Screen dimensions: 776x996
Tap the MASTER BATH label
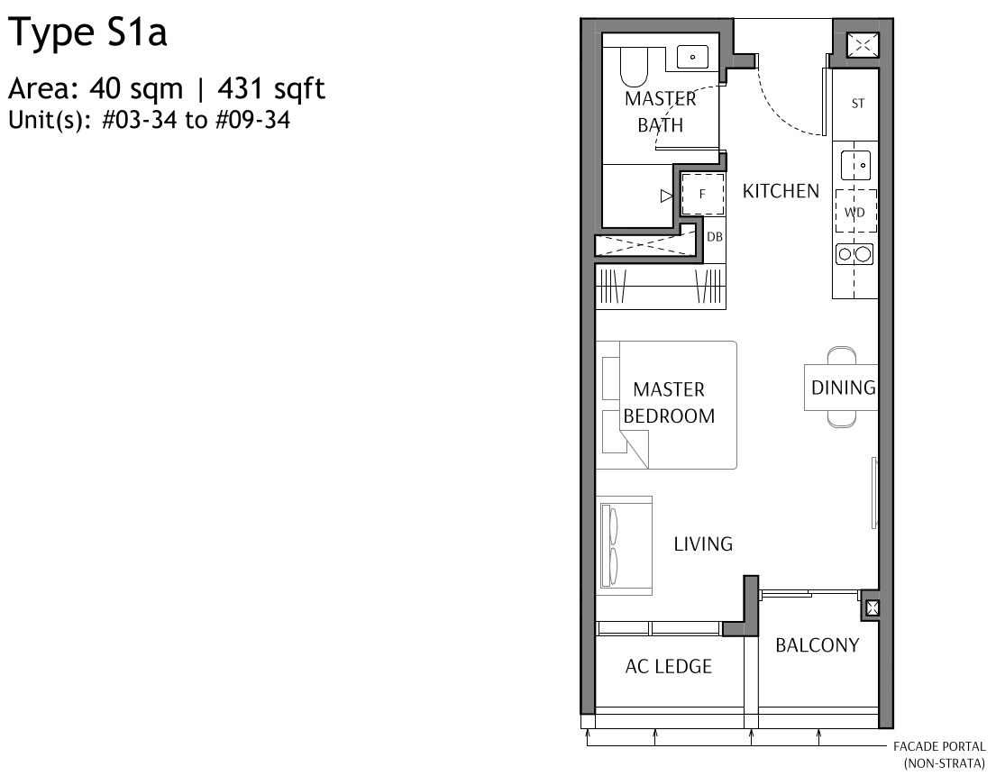tap(661, 112)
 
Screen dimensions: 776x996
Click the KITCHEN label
tap(781, 191)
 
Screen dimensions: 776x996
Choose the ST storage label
tap(857, 104)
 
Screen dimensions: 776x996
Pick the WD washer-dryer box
tap(854, 213)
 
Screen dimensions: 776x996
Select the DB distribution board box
tap(714, 237)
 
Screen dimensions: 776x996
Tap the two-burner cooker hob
tap(854, 255)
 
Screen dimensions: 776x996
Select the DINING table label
tap(843, 388)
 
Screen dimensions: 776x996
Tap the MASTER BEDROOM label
tap(669, 403)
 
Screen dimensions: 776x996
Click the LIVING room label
tap(703, 543)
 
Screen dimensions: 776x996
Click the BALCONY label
tap(817, 645)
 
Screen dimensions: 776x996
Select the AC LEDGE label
tap(668, 666)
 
